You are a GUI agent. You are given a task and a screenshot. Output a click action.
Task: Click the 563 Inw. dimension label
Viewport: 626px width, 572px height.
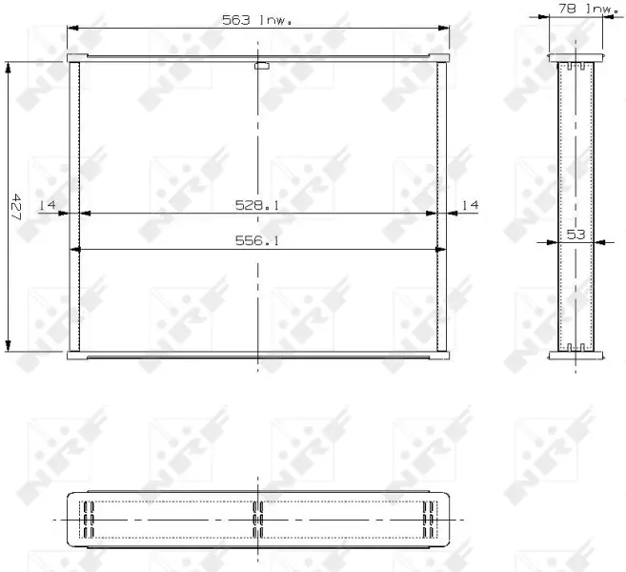(256, 20)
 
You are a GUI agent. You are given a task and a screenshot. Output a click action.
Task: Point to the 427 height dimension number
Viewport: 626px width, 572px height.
(16, 207)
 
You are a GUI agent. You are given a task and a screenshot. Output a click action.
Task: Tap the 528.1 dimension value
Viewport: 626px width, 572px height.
(257, 205)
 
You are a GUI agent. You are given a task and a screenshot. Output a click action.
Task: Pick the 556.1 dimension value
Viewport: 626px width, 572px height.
(257, 240)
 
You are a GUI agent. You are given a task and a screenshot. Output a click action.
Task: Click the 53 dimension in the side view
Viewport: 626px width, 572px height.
(576, 235)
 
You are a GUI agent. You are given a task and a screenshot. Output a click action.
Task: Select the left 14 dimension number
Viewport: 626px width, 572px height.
(47, 205)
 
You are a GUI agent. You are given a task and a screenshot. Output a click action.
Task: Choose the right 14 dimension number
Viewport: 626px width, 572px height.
(470, 205)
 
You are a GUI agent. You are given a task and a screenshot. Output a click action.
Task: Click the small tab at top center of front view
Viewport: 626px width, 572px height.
(262, 66)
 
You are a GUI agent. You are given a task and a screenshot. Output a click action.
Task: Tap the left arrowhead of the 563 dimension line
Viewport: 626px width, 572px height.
(72, 28)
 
